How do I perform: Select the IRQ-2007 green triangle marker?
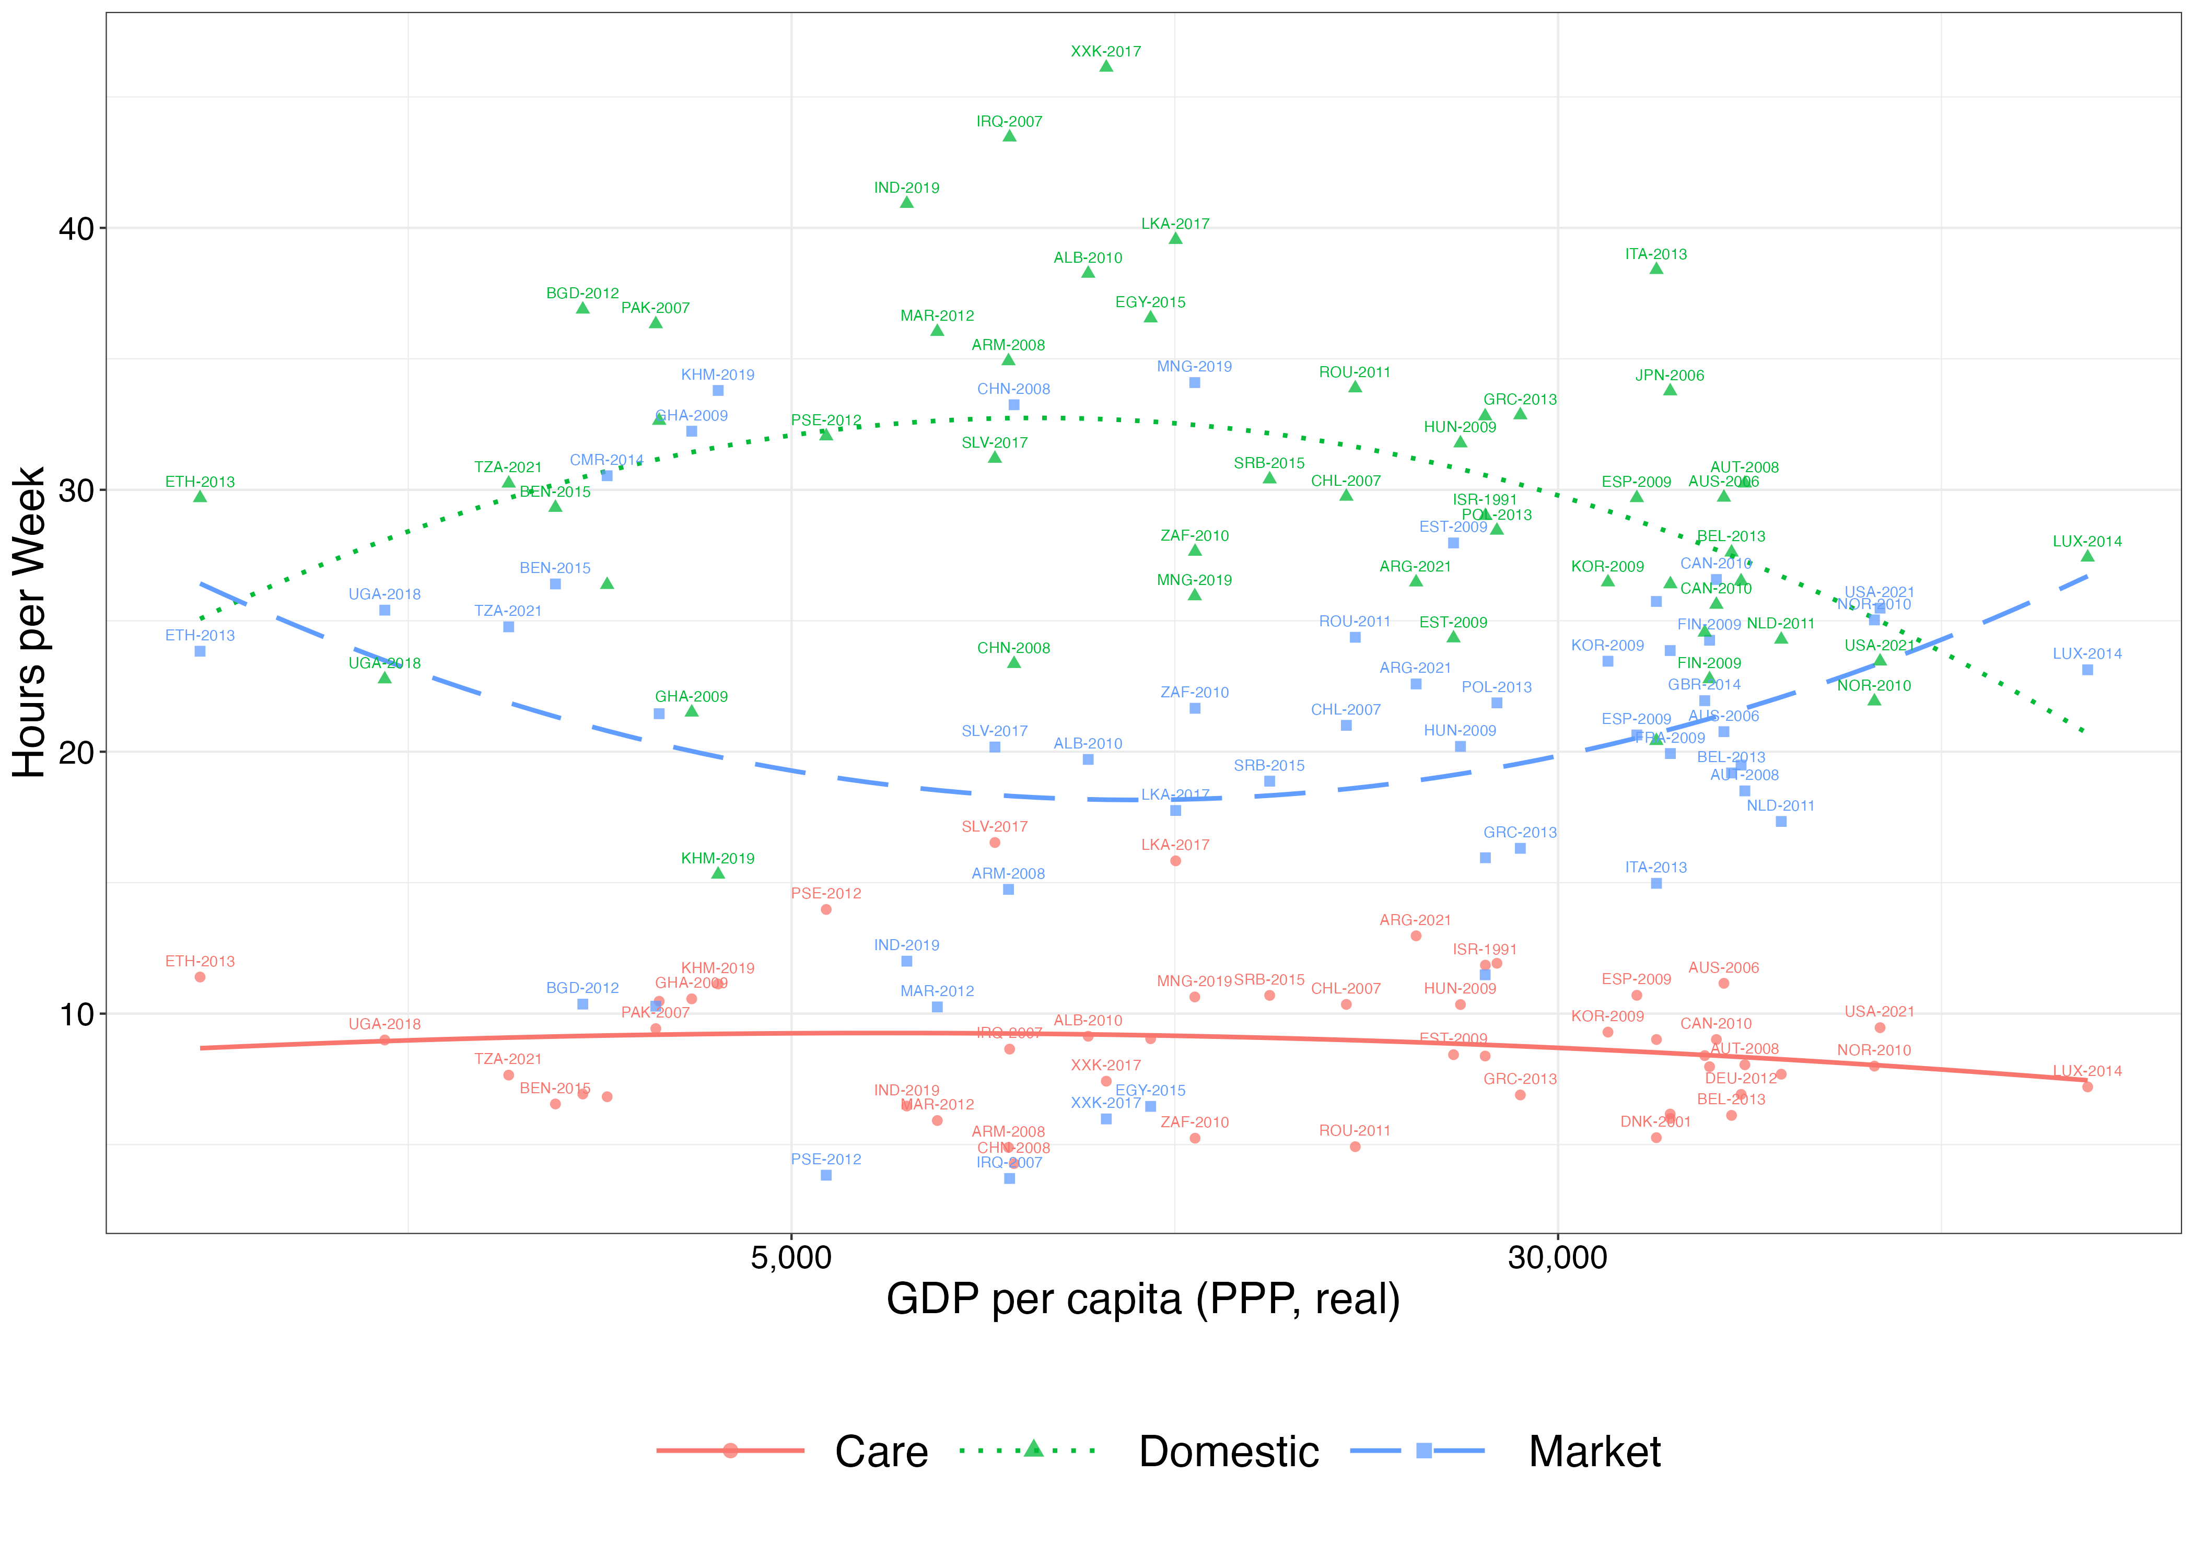pyautogui.click(x=1009, y=136)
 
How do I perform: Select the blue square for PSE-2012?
pyautogui.click(x=826, y=1175)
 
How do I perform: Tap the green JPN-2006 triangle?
pyautogui.click(x=1670, y=390)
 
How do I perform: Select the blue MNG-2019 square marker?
pyautogui.click(x=1195, y=383)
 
